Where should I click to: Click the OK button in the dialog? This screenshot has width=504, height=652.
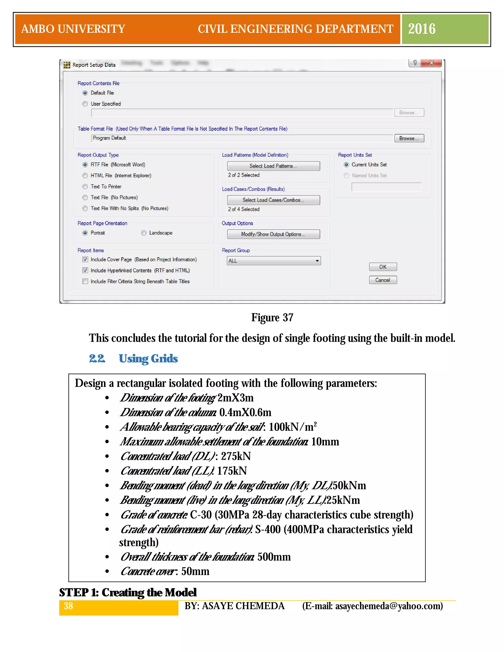(x=383, y=267)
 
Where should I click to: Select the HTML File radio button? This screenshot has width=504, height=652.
(x=85, y=175)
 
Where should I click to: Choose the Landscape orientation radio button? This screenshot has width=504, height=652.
(x=144, y=233)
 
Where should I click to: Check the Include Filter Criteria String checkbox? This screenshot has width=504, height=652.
(x=85, y=281)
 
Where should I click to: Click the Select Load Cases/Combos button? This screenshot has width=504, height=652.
(x=273, y=200)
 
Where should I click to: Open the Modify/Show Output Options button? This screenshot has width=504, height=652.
(x=273, y=234)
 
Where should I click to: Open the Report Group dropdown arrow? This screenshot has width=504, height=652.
(x=317, y=261)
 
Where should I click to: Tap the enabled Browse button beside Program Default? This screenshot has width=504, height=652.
(x=409, y=138)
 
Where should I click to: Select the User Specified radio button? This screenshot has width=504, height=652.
(x=85, y=104)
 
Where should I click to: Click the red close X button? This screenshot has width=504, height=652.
(x=431, y=63)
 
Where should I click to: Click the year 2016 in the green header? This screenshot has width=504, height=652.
(x=422, y=29)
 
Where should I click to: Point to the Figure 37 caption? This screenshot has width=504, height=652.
(x=272, y=317)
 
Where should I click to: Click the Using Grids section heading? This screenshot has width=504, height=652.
(x=148, y=358)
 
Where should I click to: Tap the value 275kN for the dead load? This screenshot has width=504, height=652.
(x=236, y=456)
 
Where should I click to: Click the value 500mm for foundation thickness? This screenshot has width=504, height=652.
(x=274, y=557)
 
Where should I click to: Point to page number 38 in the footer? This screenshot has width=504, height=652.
(x=68, y=606)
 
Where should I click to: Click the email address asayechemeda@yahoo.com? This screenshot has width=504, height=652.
(x=388, y=606)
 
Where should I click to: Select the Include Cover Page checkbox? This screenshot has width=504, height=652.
(x=85, y=259)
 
